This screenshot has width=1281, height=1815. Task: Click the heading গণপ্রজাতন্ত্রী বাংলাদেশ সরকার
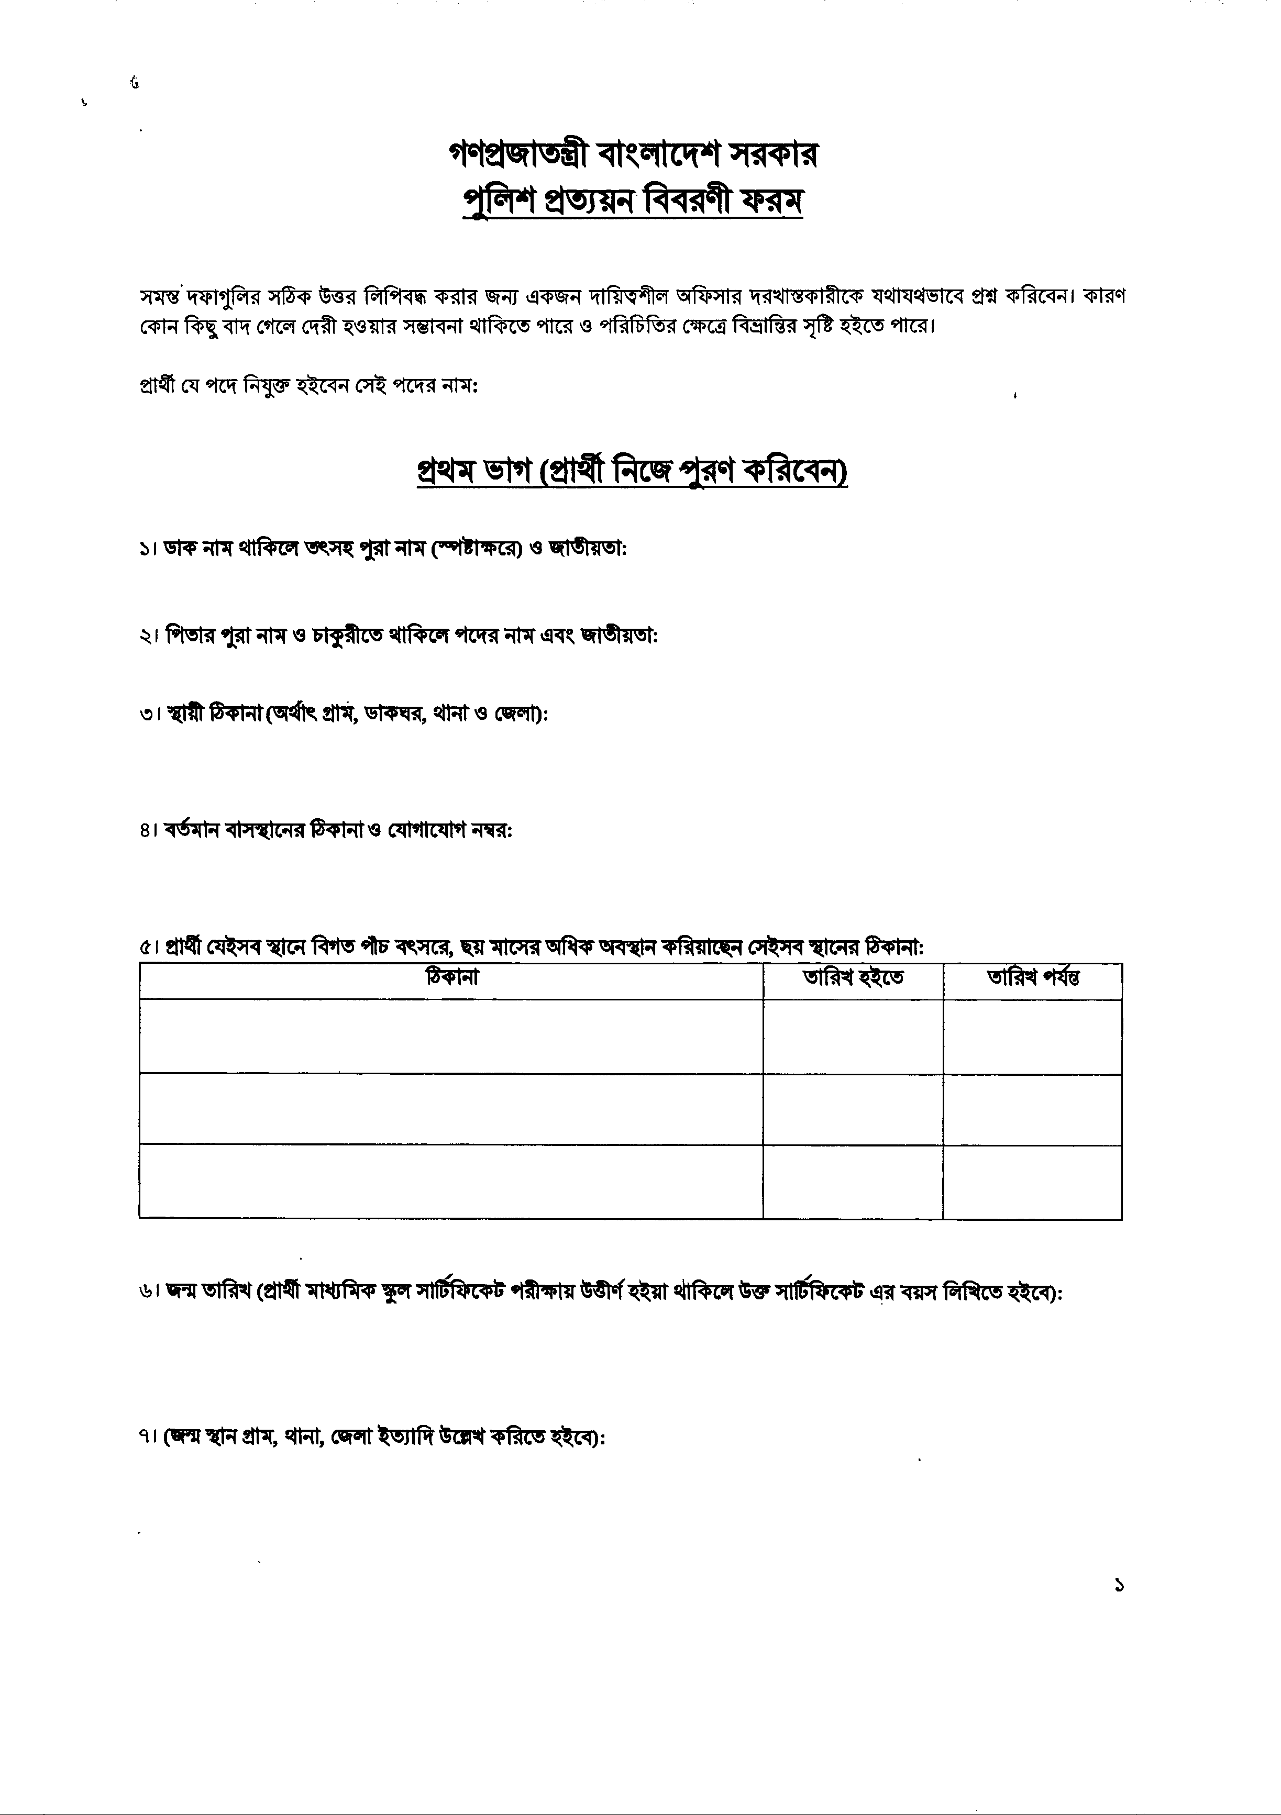633,155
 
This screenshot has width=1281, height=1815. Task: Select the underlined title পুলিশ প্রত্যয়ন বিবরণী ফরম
633,203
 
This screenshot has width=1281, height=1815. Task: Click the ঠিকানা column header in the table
451,978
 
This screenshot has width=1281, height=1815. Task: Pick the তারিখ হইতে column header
853,978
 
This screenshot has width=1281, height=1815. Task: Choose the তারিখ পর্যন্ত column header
1033,978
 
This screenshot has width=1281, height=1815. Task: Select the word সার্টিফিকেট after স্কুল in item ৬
461,1293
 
